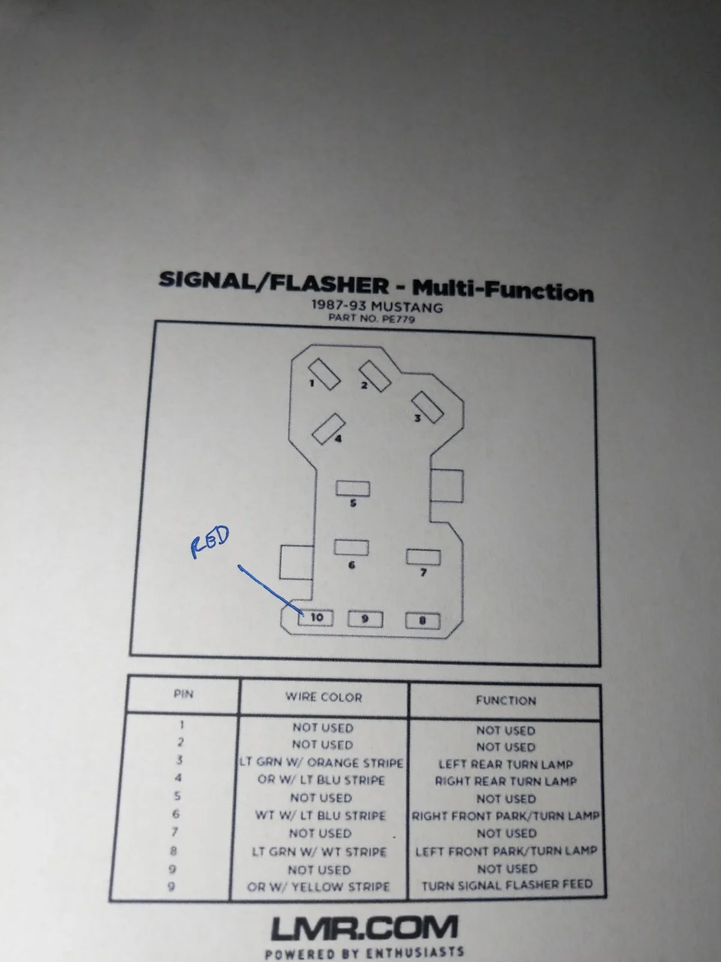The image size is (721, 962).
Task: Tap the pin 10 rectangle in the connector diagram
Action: pyautogui.click(x=315, y=618)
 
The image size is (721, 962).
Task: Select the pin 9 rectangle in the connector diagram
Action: pyautogui.click(x=365, y=619)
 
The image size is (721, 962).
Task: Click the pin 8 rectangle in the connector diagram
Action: pyautogui.click(x=422, y=620)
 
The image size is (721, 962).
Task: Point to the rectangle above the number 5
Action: pyautogui.click(x=353, y=488)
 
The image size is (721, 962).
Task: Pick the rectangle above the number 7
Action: pyautogui.click(x=424, y=557)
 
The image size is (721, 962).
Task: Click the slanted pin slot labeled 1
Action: pyautogui.click(x=324, y=373)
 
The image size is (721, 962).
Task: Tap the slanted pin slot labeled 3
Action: pyautogui.click(x=428, y=407)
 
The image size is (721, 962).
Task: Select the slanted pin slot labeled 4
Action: pyautogui.click(x=328, y=429)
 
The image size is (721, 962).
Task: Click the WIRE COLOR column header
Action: pyautogui.click(x=323, y=697)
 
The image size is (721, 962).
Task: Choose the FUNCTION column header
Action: pyautogui.click(x=506, y=700)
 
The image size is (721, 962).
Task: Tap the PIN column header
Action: pyautogui.click(x=183, y=694)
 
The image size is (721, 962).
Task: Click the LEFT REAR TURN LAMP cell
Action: pyautogui.click(x=506, y=764)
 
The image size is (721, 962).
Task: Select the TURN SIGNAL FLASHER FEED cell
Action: pyautogui.click(x=507, y=884)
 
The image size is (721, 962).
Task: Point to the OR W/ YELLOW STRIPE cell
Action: pyautogui.click(x=318, y=887)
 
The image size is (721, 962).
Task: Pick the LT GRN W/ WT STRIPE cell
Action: pyautogui.click(x=319, y=851)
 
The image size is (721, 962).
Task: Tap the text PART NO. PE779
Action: pyautogui.click(x=372, y=319)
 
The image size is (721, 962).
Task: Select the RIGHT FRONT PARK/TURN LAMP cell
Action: pyautogui.click(x=506, y=816)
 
